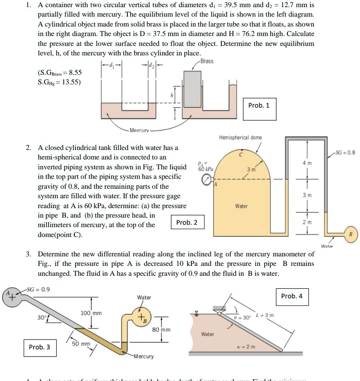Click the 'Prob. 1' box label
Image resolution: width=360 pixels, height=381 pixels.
click(x=259, y=105)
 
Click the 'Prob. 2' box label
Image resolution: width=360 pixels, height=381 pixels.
click(x=187, y=222)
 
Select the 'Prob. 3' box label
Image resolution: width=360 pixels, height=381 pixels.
click(x=40, y=347)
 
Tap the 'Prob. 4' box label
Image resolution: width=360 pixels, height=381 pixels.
click(x=292, y=296)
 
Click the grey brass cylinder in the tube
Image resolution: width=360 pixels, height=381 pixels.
click(x=193, y=89)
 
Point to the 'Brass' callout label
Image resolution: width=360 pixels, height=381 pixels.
click(x=207, y=61)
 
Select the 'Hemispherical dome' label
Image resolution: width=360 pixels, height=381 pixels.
click(x=240, y=138)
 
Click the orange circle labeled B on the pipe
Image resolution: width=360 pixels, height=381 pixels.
click(x=351, y=234)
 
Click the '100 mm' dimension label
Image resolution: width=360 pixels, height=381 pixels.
click(x=91, y=313)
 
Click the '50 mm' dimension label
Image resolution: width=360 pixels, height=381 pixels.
click(x=81, y=344)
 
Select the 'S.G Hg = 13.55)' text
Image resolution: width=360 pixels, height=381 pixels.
click(x=59, y=82)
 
